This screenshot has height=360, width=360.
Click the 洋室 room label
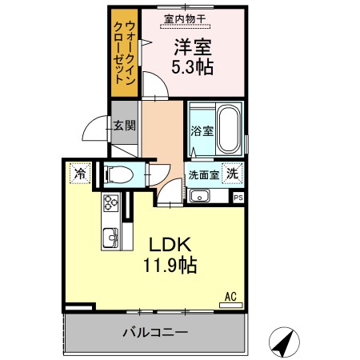click(x=193, y=46)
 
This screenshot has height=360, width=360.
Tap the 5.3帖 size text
click(x=193, y=67)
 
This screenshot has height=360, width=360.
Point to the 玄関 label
click(x=124, y=125)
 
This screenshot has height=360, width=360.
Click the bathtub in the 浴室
click(x=229, y=130)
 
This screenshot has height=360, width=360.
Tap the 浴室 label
click(x=200, y=132)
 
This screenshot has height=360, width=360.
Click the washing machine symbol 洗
click(x=231, y=172)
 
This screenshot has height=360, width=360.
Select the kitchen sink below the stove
click(x=109, y=238)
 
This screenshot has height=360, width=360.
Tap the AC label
click(x=230, y=297)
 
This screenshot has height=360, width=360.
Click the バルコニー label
click(x=155, y=331)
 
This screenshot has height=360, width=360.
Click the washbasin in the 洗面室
click(x=201, y=196)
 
